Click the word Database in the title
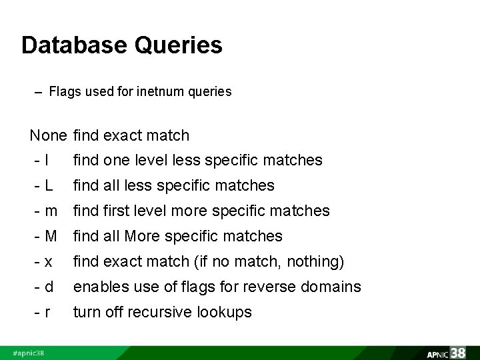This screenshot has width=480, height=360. pos(73,45)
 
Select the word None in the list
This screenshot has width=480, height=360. pos(49,135)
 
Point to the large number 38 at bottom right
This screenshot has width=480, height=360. pos(460,351)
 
